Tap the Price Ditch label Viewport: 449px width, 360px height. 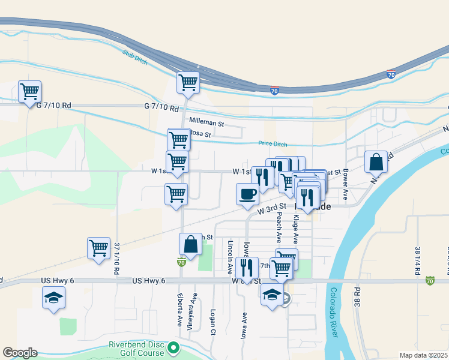pyautogui.click(x=273, y=143)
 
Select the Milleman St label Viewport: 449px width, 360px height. pyautogui.click(x=206, y=122)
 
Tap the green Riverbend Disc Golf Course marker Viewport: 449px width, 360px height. pyautogui.click(x=173, y=347)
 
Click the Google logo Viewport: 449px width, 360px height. pyautogui.click(x=20, y=353)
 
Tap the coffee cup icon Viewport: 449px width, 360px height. pyautogui.click(x=247, y=193)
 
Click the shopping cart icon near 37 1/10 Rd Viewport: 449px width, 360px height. pyautogui.click(x=98, y=247)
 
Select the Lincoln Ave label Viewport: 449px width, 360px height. pyautogui.click(x=230, y=255)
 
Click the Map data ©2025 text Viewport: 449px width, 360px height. pyautogui.click(x=423, y=355)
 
